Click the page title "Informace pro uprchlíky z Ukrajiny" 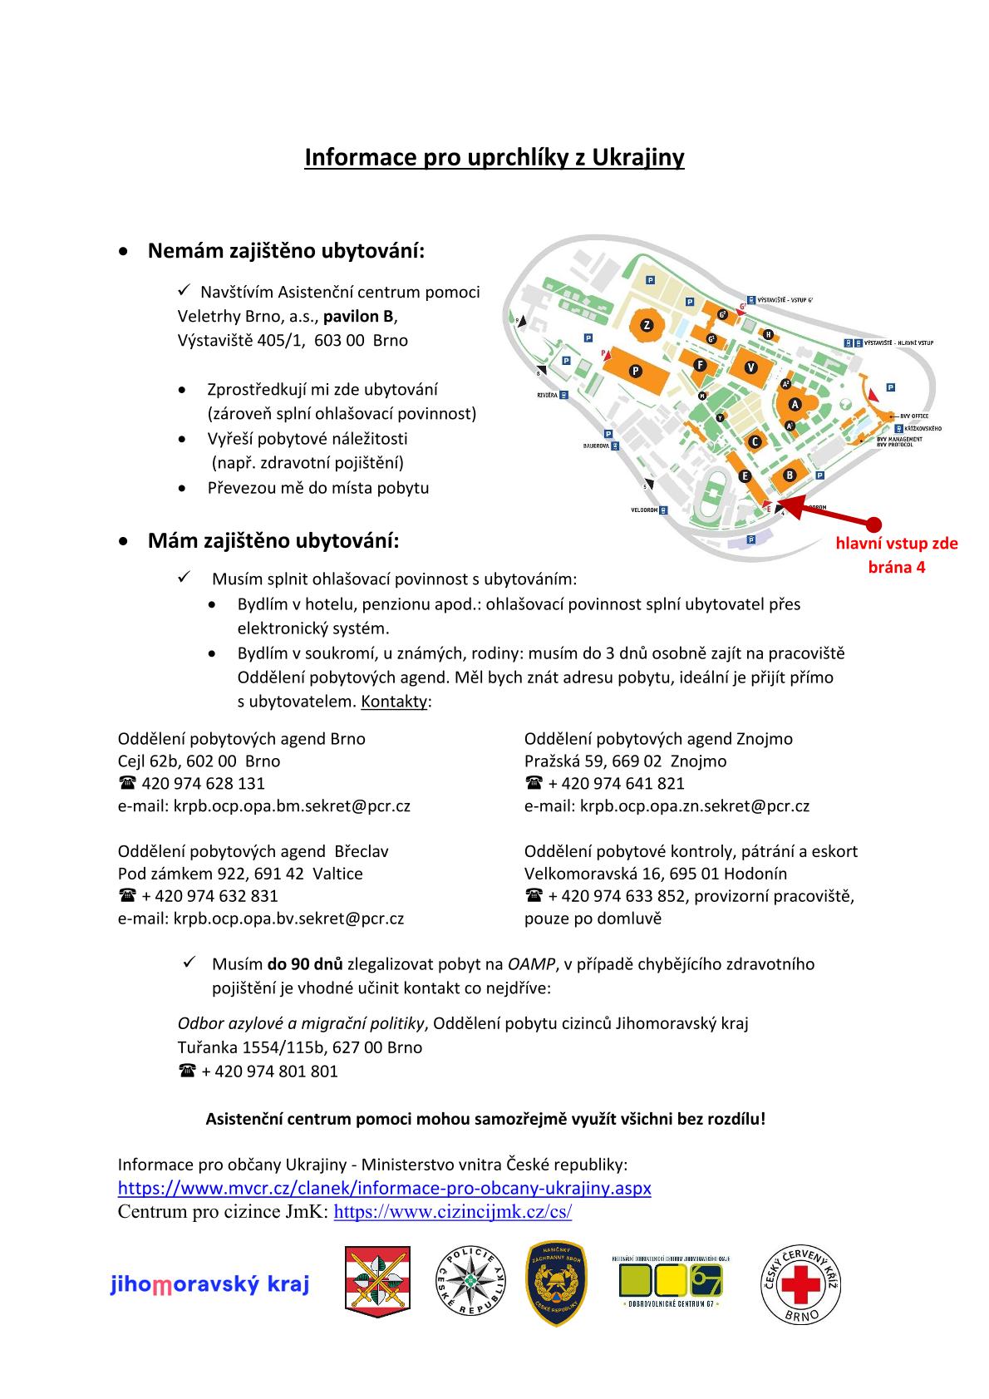(x=494, y=158)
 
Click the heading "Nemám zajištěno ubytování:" (x=286, y=250)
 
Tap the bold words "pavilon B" (x=358, y=316)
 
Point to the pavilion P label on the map (x=635, y=371)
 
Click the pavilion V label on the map (x=751, y=367)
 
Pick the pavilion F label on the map (x=700, y=364)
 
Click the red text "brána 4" (x=896, y=568)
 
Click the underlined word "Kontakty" (x=394, y=702)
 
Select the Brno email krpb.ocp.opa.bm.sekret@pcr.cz (x=291, y=805)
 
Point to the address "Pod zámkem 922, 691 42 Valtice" (x=240, y=874)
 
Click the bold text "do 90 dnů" (x=304, y=964)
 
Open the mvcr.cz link (x=384, y=1188)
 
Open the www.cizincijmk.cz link (x=452, y=1211)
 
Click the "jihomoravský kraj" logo (x=209, y=1285)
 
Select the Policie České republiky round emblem (x=471, y=1284)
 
